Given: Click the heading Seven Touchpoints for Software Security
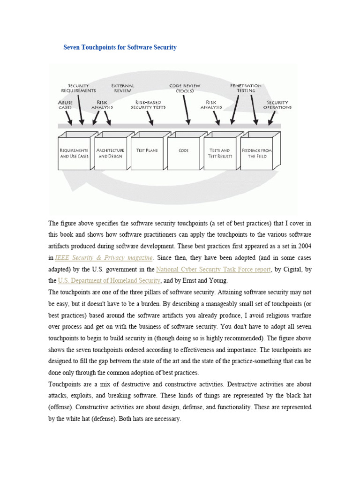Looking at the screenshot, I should tap(120, 47).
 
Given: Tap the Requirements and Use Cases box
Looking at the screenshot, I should tap(74, 153).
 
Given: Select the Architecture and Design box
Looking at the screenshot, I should tap(110, 153).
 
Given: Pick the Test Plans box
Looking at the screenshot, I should tap(147, 151).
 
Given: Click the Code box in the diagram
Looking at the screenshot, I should tap(183, 151).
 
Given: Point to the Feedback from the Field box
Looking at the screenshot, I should tap(256, 153).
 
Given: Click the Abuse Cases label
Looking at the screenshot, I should tap(65, 105).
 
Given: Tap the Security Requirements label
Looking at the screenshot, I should tap(79, 88).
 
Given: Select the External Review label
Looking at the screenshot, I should tap(123, 88).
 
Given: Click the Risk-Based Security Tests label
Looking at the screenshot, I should tap(148, 105).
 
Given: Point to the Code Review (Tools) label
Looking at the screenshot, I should tap(185, 88).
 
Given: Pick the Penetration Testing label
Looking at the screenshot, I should tap(246, 88).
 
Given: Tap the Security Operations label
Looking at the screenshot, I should tap(277, 105).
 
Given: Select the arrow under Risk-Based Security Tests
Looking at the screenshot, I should tap(150, 118).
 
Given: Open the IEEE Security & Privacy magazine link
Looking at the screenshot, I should tap(104, 257).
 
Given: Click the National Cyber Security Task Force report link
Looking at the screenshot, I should tap(213, 270).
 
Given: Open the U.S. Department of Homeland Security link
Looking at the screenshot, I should tap(109, 281).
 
